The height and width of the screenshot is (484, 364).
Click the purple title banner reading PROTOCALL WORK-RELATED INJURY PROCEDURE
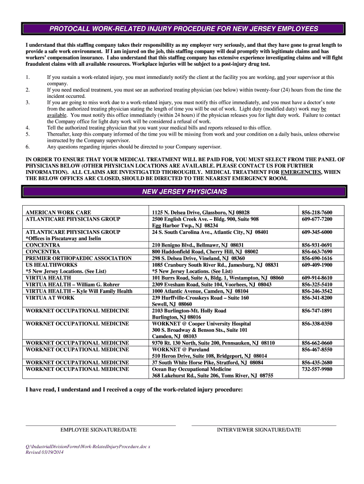(x=184, y=29)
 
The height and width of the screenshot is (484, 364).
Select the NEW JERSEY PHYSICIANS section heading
(x=184, y=191)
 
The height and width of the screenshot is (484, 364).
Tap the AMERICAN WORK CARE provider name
(x=58, y=213)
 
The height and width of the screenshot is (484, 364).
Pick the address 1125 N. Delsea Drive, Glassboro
(x=200, y=213)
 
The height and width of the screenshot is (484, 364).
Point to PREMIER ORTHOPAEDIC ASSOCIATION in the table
(x=78, y=259)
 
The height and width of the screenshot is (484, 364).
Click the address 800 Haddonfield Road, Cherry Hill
(x=205, y=252)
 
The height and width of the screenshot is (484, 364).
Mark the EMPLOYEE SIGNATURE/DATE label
(x=98, y=430)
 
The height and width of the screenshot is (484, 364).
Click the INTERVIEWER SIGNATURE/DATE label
(x=259, y=430)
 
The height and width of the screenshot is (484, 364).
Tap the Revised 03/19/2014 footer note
(x=44, y=452)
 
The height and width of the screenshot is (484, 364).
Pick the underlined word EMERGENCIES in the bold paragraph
(x=301, y=173)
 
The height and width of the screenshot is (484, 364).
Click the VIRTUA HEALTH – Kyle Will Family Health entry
(x=79, y=291)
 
